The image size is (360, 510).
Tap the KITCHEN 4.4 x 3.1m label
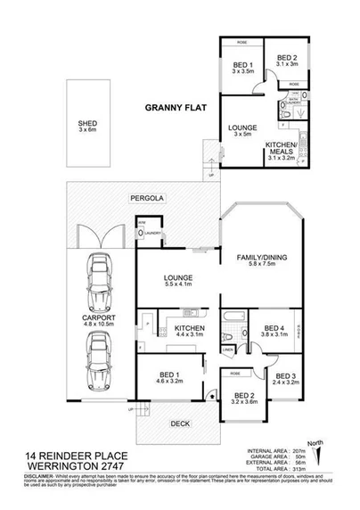pos(168,329)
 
